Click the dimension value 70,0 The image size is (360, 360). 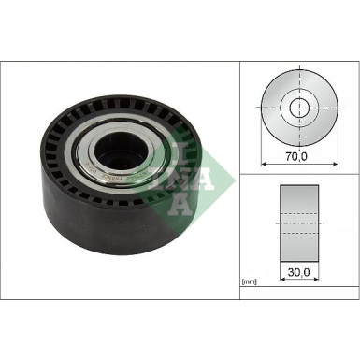pyautogui.click(x=295, y=156)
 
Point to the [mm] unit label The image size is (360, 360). pyautogui.click(x=250, y=281)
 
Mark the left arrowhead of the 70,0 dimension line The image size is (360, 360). pyautogui.click(x=263, y=164)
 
